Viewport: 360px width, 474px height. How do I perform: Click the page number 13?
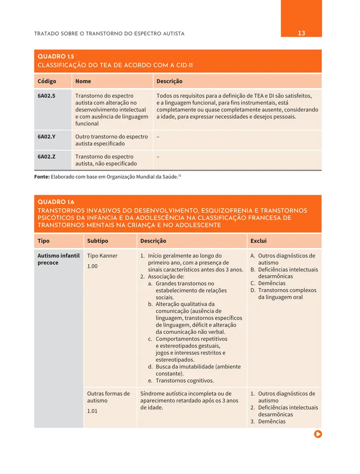point(301,33)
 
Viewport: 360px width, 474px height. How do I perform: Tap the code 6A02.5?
point(47,96)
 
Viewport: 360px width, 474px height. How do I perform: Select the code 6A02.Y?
point(47,137)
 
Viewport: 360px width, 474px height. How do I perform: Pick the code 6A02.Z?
point(47,156)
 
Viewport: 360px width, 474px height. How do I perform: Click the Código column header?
point(47,81)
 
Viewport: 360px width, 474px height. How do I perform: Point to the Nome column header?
point(83,81)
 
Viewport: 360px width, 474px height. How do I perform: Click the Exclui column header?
point(258,241)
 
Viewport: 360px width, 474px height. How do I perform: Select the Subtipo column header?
point(97,241)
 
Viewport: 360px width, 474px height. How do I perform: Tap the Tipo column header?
point(44,241)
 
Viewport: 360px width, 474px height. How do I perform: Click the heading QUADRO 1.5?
point(56,57)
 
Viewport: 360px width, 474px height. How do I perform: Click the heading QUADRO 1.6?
point(56,202)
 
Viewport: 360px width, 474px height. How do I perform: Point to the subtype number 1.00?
point(92,266)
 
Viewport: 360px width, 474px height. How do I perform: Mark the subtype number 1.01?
point(92,411)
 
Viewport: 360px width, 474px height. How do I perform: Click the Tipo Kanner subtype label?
point(102,256)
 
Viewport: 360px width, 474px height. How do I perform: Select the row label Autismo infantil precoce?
point(58,259)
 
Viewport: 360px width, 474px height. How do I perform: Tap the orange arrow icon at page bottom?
point(318,434)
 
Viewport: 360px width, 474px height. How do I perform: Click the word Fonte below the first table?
point(42,177)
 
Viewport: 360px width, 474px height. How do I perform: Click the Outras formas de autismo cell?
point(108,397)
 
